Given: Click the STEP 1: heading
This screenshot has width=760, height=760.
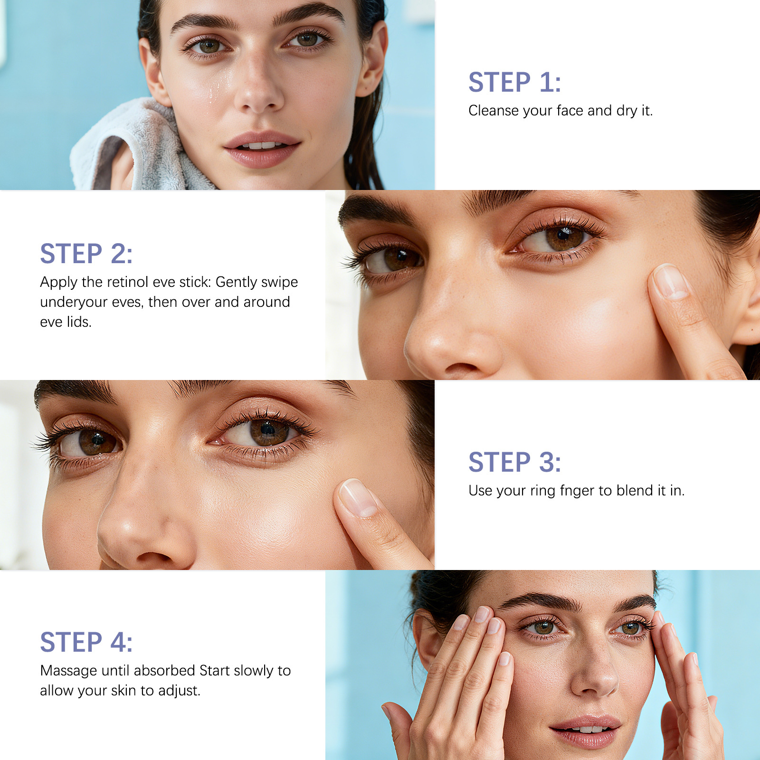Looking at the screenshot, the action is (x=514, y=82).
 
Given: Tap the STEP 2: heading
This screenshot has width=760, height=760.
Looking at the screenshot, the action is (x=86, y=253).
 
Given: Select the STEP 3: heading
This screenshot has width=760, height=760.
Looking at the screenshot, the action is (x=514, y=462).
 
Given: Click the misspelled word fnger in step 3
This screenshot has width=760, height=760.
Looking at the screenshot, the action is (x=579, y=491).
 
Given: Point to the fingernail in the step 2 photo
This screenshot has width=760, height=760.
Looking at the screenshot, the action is (x=670, y=282).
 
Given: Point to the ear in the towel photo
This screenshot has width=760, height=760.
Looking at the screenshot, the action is (x=372, y=59).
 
